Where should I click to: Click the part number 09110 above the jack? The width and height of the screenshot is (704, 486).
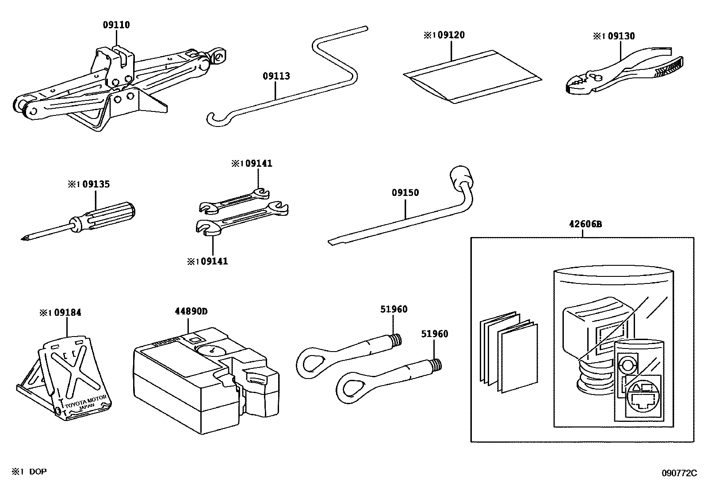click(x=116, y=25)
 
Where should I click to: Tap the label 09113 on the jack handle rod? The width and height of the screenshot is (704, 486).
click(x=276, y=76)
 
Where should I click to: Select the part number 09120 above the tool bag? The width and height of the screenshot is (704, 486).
click(x=451, y=35)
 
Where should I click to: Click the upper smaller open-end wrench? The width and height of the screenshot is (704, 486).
click(x=234, y=200)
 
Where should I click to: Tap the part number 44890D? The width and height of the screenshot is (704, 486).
click(x=191, y=311)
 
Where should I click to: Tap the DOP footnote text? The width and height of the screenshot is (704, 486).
click(x=38, y=472)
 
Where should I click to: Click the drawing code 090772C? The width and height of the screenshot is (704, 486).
click(x=679, y=473)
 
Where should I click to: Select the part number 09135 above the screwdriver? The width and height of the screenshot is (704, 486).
click(x=96, y=184)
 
